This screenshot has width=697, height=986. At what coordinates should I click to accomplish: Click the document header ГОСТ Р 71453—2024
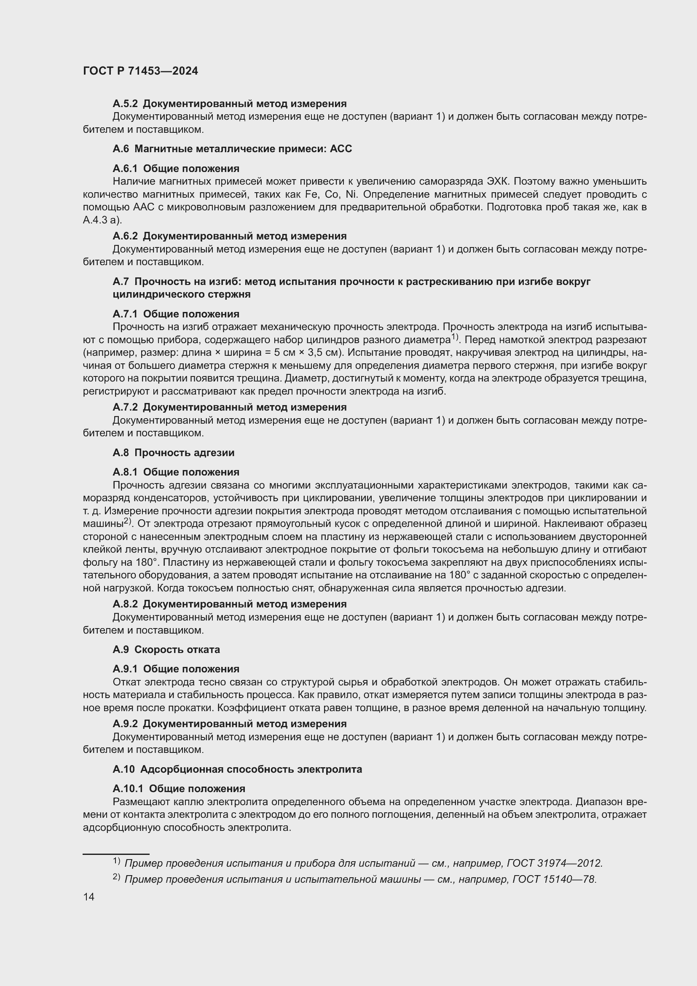point(140,71)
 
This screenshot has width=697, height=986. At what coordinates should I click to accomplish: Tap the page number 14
point(89,897)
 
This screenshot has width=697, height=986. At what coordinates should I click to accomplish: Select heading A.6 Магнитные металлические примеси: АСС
point(232,148)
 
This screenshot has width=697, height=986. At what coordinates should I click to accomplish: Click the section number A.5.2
point(125,104)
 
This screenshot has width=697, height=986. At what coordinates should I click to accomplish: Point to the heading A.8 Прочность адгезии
point(173,452)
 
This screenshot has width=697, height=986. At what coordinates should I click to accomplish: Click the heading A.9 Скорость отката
point(166,649)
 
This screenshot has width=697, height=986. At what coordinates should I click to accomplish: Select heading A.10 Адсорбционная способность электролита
point(237,769)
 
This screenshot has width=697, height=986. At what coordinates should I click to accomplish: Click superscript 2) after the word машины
point(127,521)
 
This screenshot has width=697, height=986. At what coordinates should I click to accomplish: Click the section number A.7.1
point(125,314)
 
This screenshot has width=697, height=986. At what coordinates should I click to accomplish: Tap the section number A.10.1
point(128,788)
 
